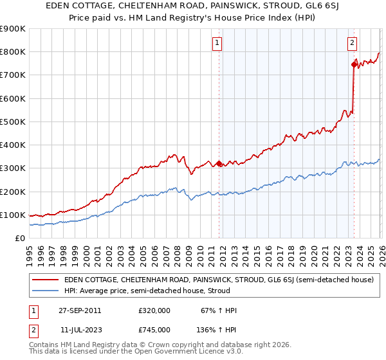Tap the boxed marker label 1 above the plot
(x=217, y=43)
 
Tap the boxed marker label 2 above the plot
(x=353, y=43)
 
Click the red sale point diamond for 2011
(x=219, y=163)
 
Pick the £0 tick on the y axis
(x=19, y=238)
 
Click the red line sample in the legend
(x=46, y=280)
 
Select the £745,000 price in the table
(x=154, y=329)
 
